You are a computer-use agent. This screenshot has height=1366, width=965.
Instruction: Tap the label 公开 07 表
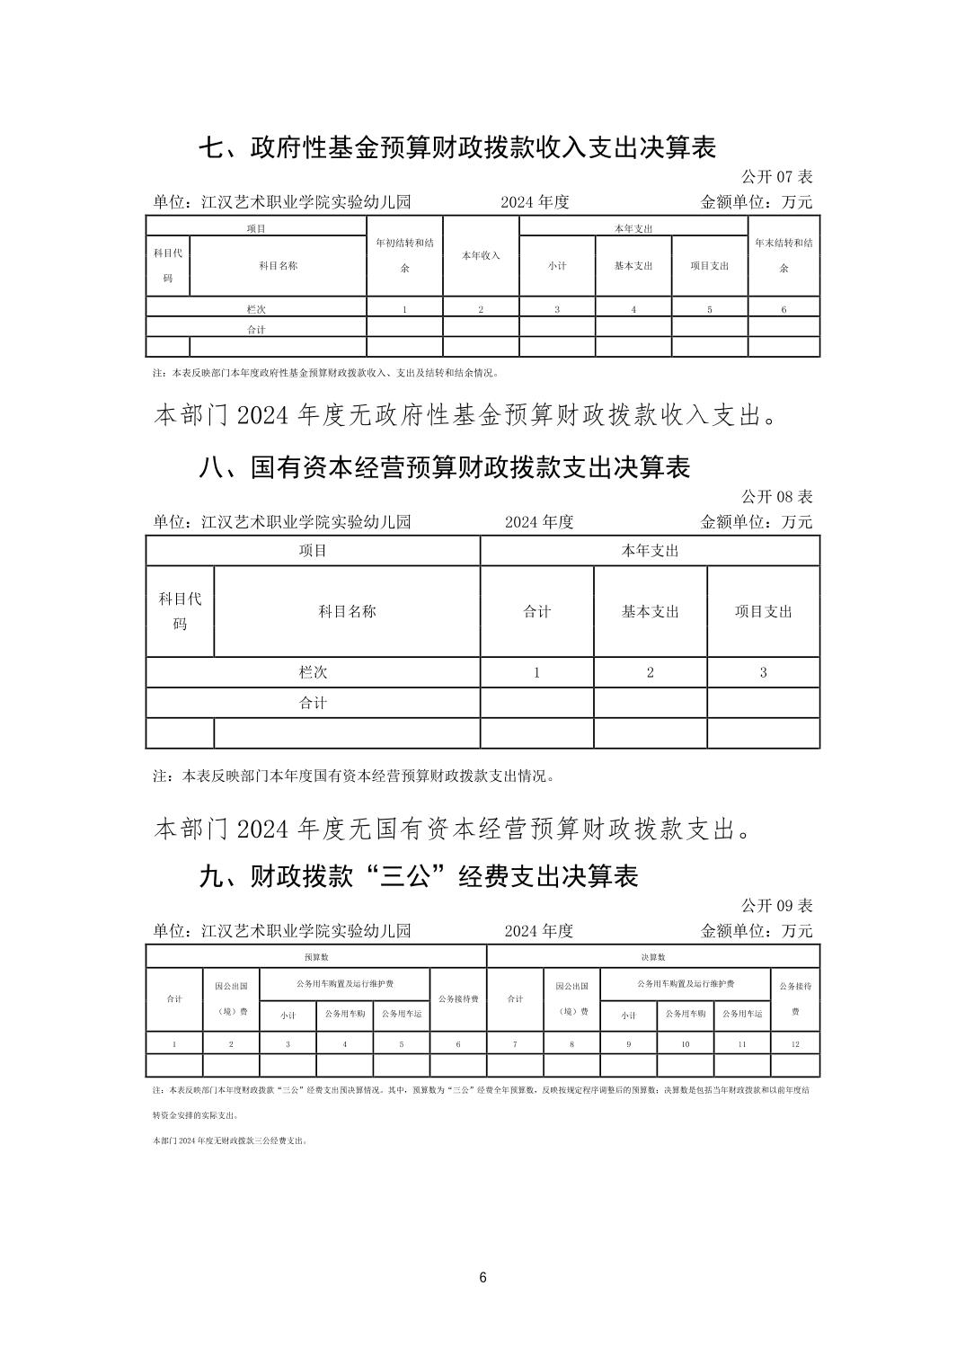776,177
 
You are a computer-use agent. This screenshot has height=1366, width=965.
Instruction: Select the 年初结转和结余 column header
404,256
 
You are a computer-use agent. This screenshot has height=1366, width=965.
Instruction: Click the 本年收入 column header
481,256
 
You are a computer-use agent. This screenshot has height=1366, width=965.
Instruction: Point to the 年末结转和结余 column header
784,256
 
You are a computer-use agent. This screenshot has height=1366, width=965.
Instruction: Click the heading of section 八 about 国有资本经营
444,467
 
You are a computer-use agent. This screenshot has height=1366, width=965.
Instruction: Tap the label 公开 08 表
776,496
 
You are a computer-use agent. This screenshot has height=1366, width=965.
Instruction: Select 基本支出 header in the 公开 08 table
651,611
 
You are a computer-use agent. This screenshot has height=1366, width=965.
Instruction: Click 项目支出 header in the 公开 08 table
764,611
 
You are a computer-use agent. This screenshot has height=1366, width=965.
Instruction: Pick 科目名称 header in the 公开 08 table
347,611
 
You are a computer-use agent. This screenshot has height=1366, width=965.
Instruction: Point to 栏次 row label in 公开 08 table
313,672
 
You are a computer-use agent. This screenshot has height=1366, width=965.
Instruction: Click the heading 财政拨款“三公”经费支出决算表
418,876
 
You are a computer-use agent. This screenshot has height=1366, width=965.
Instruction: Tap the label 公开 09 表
776,905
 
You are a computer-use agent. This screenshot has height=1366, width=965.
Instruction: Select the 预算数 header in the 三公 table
315,957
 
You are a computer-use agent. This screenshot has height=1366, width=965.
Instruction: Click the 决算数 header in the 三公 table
653,957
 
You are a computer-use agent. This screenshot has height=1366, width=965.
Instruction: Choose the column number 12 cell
795,1044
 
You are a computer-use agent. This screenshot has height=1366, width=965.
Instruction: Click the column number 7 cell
515,1044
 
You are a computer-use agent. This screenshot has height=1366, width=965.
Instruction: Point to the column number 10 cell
686,1044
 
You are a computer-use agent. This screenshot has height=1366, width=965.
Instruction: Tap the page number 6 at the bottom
483,1278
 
